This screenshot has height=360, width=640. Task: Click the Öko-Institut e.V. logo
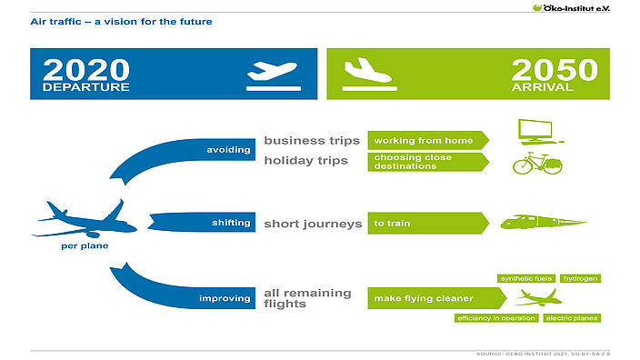[x=585, y=7]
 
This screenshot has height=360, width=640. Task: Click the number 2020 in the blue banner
[x=85, y=69]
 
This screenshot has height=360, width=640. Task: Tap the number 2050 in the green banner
[x=554, y=69]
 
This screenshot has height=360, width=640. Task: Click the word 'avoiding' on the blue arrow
[x=228, y=149]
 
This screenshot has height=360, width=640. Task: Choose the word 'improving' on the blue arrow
[x=226, y=297]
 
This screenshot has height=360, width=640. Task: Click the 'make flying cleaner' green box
[x=435, y=297]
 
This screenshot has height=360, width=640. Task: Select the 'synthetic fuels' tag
[x=526, y=278]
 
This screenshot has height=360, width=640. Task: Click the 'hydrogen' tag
[x=579, y=278]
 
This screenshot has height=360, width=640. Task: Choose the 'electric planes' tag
[x=572, y=318]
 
